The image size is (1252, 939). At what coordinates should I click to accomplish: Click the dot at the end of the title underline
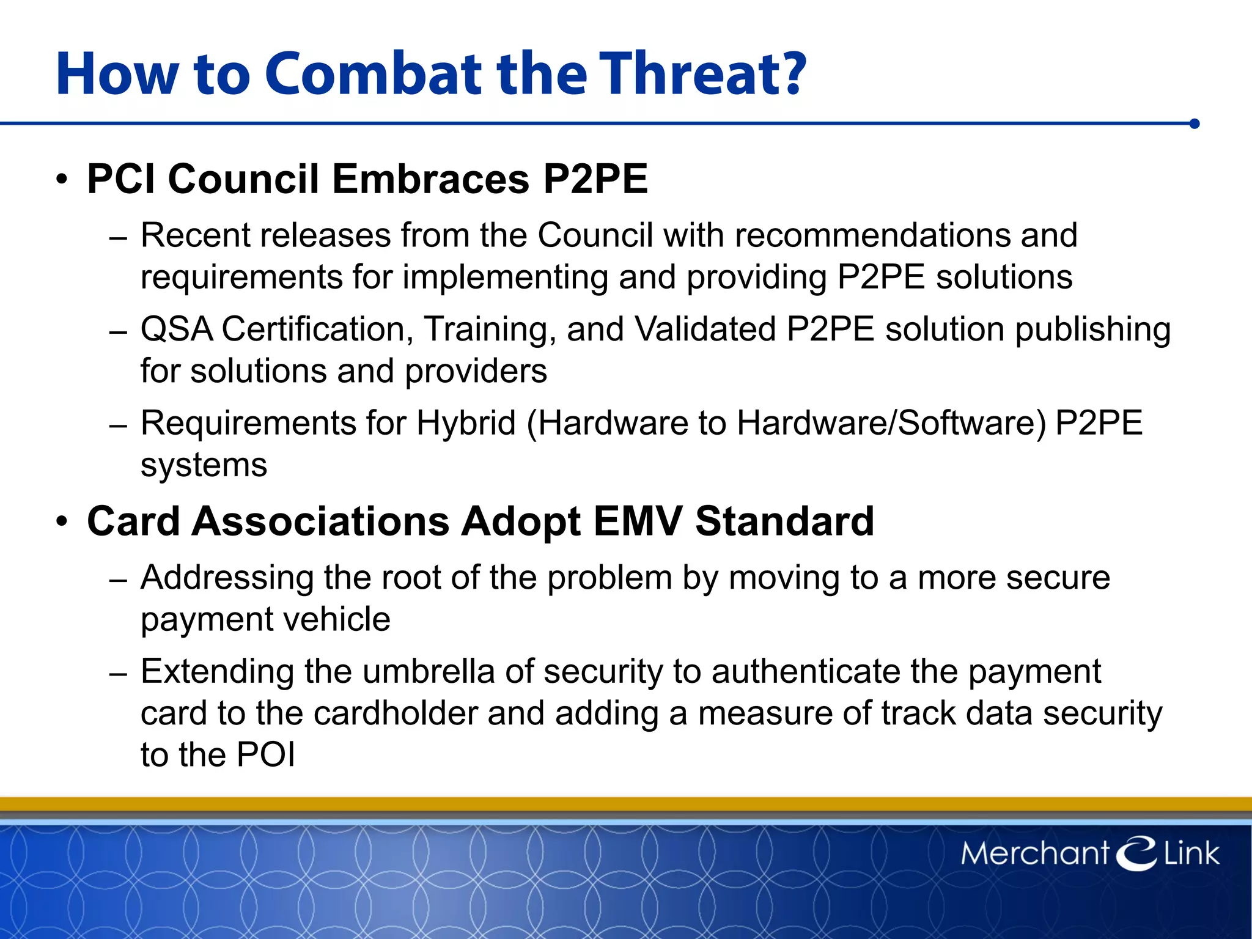click(1195, 124)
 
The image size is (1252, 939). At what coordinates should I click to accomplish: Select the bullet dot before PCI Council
click(61, 180)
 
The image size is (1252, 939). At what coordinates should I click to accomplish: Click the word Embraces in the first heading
click(430, 180)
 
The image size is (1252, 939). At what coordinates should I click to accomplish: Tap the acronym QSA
click(177, 330)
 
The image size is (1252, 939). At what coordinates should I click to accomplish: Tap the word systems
click(204, 466)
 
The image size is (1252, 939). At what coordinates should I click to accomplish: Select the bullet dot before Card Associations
click(61, 522)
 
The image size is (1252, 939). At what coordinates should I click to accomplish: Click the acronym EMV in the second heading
click(637, 522)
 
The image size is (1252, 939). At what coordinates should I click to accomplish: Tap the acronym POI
click(266, 755)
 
